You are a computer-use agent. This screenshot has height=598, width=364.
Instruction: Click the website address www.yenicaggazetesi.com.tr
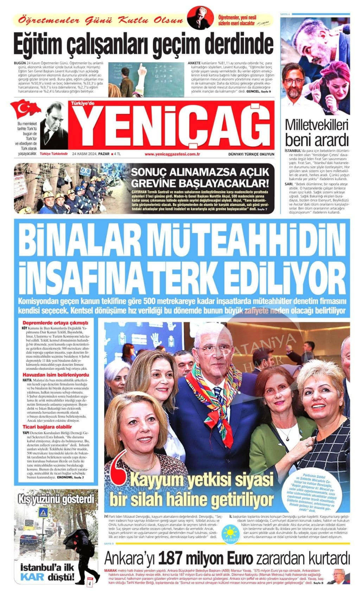(172, 154)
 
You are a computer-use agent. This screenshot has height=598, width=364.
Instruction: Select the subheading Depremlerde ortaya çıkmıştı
(55, 323)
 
